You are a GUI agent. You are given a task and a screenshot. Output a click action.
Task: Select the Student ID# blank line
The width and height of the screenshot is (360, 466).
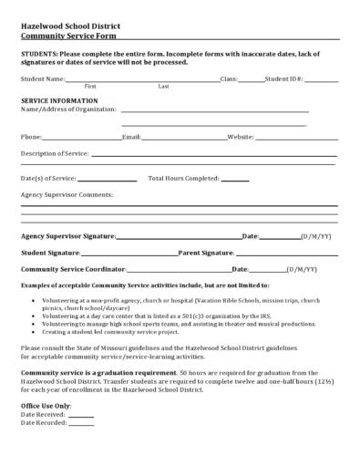point(321,80)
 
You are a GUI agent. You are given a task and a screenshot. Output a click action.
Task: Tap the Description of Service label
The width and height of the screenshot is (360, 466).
point(54,153)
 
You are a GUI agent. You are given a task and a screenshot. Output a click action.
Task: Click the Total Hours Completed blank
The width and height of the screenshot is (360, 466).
point(235,179)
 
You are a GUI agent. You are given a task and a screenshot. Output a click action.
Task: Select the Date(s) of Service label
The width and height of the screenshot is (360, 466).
point(48,178)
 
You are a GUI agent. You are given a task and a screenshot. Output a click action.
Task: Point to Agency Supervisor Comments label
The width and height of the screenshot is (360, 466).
point(67,194)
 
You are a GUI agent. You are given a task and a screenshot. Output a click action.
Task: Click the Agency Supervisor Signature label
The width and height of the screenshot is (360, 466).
point(68,235)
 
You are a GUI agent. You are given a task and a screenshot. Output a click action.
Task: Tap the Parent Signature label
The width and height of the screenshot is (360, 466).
point(206,252)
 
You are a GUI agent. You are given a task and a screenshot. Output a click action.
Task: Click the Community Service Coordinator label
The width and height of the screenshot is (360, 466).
point(73,269)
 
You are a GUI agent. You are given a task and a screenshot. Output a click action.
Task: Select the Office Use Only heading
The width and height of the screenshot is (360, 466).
point(46,404)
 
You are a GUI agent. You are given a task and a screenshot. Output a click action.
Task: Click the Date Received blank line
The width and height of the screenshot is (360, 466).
point(81,414)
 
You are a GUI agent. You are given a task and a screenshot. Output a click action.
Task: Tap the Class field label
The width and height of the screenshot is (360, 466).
point(229,79)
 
